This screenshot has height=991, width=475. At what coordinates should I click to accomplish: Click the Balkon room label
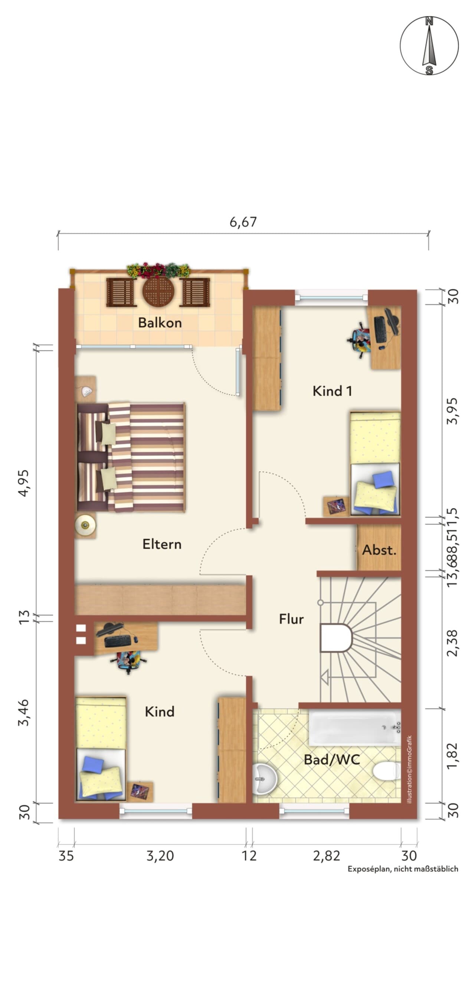pyautogui.click(x=160, y=322)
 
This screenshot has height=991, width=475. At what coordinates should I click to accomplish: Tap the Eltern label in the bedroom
pyautogui.click(x=162, y=544)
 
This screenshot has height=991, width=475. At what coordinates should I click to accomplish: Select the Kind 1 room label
pyautogui.click(x=332, y=391)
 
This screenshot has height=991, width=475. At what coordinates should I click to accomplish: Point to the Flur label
pyautogui.click(x=291, y=619)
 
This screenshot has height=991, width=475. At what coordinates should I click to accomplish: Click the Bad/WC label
pyautogui.click(x=332, y=759)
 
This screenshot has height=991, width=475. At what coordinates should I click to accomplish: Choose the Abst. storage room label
pyautogui.click(x=379, y=550)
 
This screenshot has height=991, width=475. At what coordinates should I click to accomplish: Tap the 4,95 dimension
pyautogui.click(x=24, y=483)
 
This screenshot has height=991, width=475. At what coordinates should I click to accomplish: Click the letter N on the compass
pyautogui.click(x=429, y=22)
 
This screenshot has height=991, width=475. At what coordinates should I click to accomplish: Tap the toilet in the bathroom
pyautogui.click(x=387, y=771)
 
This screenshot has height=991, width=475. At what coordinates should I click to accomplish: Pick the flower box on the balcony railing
pyautogui.click(x=158, y=270)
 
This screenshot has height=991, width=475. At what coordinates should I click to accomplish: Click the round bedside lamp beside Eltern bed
pyautogui.click(x=85, y=524)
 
